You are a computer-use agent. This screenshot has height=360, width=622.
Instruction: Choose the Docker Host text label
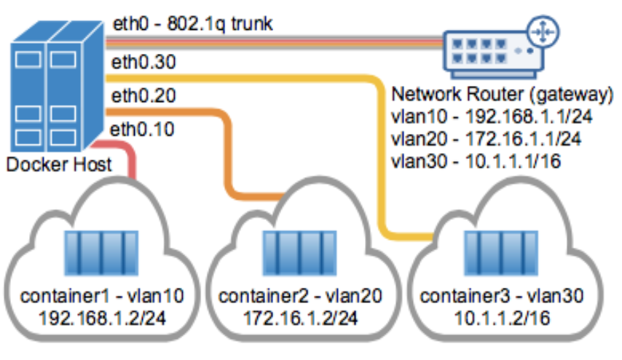[x=59, y=164]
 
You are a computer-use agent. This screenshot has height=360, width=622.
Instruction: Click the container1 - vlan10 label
[x=101, y=297]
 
